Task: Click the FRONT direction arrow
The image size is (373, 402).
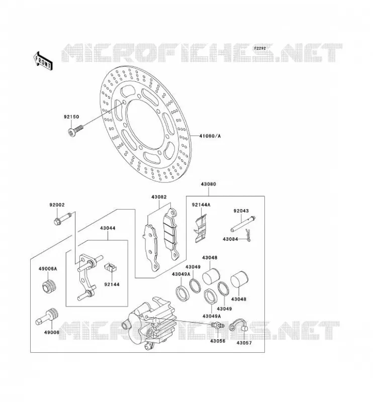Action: [x=43, y=61]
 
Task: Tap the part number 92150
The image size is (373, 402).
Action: [x=71, y=117]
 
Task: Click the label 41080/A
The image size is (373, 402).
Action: [x=210, y=136]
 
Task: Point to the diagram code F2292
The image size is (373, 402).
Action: [x=260, y=48]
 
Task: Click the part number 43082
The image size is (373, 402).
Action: [x=159, y=197]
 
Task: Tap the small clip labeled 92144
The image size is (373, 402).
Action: [x=111, y=268]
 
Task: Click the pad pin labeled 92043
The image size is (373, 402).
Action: [x=243, y=224]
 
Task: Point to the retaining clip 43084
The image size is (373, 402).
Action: [x=247, y=236]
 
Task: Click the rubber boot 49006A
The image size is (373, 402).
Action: [x=49, y=287]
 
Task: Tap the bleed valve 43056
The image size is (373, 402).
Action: [x=218, y=326]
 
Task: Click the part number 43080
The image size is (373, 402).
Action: [x=208, y=184]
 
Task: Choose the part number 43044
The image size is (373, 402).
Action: [x=108, y=228]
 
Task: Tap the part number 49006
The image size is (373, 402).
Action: [x=52, y=332]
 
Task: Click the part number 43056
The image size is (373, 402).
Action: [x=218, y=341]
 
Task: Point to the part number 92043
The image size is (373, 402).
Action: [x=241, y=211]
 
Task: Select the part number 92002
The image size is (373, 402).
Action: [x=57, y=205]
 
